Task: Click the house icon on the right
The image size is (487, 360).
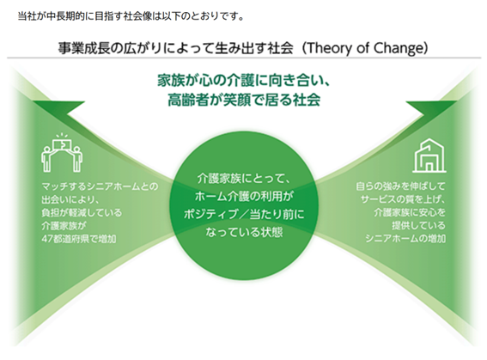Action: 429,156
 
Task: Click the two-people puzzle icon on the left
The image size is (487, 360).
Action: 62,153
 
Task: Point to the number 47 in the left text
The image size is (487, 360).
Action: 47,239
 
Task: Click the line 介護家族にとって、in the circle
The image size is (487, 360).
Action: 244,179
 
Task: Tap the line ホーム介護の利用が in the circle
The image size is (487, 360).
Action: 244,196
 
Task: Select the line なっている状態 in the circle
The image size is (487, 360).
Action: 244,232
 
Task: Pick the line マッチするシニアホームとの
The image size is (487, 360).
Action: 100,186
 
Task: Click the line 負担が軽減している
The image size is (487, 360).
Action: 82,213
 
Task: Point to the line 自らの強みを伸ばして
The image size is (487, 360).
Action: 400,186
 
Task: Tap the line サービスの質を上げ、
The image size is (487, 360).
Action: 403,199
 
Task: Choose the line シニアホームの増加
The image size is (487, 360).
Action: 405,239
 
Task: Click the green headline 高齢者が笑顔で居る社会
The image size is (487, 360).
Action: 244,100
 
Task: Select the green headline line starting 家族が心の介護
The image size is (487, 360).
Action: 244,81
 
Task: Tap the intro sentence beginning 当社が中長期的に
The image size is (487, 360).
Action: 131,16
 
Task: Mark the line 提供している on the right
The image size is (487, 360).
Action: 418,225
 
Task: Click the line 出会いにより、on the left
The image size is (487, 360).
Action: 70,199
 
